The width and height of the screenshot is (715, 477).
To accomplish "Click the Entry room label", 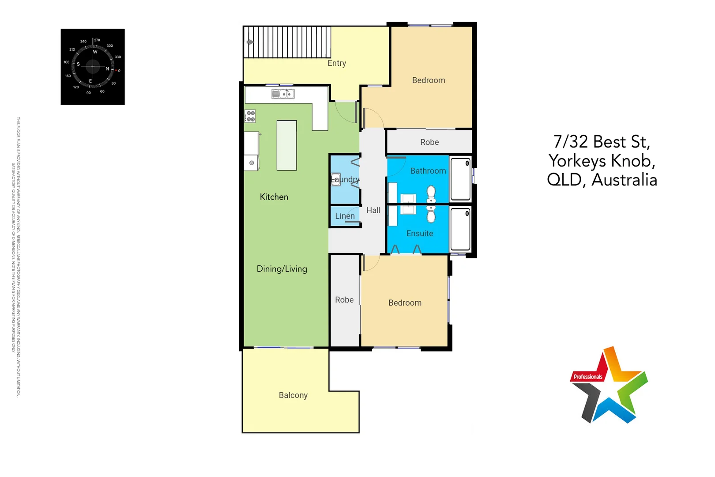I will pos(337,64).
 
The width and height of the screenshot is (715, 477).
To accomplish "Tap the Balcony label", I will pos(293,395).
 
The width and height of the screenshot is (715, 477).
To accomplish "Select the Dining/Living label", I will pos(282,269).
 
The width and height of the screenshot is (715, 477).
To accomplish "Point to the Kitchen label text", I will pos(274,197).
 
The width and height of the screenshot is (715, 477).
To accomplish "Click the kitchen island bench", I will pos(286,145).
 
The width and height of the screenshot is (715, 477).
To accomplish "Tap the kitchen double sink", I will pos(283,94).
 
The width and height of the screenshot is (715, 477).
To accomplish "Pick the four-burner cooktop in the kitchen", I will pos(250,116).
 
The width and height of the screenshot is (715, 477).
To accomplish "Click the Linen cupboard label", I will pos(345,216).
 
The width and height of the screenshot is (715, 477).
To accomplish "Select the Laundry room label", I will pos(346,179).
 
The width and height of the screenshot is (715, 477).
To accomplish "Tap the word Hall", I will pos(373,211).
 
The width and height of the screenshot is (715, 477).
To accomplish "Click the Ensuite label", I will pos(420,234).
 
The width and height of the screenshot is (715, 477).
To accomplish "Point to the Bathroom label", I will pos(428,171).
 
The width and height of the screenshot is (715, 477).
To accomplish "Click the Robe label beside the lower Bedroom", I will pos(344,300).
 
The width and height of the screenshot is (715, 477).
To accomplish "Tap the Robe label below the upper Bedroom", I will pos(429,142).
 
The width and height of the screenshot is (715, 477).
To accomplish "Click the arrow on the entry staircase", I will pos(250,42).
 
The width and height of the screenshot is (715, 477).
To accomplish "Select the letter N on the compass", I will pos(107,69).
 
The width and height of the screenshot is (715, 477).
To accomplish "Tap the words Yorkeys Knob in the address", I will pos(602,161).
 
